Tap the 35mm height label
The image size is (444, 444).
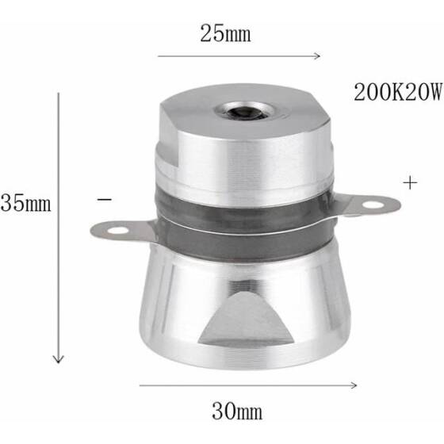(x=25, y=204)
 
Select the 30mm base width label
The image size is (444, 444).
(x=237, y=411)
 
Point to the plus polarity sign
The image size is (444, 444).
(x=410, y=182)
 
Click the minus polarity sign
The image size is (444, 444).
(x=105, y=200)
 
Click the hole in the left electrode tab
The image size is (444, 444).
(x=117, y=232)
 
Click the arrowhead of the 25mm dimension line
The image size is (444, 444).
(x=317, y=56)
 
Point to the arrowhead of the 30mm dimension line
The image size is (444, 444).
(x=354, y=386)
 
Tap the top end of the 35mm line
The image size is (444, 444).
(x=57, y=94)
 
